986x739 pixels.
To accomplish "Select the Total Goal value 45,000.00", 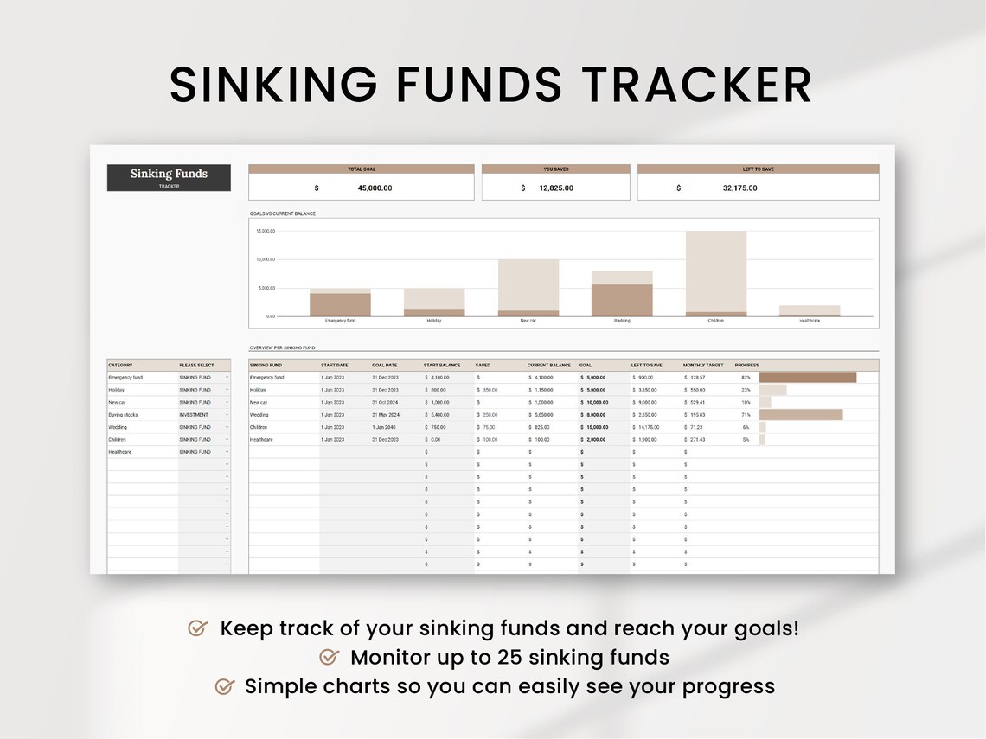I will coord(375,188).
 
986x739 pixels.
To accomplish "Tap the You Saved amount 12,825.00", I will coord(555,188).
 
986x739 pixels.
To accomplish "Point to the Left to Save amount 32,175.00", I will coord(739,188).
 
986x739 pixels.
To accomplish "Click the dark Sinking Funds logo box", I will coord(169,177).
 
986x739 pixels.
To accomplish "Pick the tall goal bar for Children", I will coord(715,271).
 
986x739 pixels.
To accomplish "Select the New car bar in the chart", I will coord(528,287).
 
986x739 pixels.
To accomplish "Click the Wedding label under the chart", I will coord(622,321).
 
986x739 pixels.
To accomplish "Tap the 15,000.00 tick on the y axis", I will coord(265,232).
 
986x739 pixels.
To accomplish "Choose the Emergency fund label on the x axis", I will coord(340,321).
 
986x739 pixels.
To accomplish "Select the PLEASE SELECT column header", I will coord(196,366).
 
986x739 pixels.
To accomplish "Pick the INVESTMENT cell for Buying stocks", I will coord(194,415).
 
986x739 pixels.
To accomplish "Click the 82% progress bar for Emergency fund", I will coord(807,378).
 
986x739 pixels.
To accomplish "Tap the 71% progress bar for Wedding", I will coord(800,415).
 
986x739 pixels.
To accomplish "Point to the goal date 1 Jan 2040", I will coord(385,427).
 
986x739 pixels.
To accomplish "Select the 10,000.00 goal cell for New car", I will coord(597,402).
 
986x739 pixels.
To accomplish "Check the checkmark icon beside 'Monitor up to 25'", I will coord(329,658).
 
